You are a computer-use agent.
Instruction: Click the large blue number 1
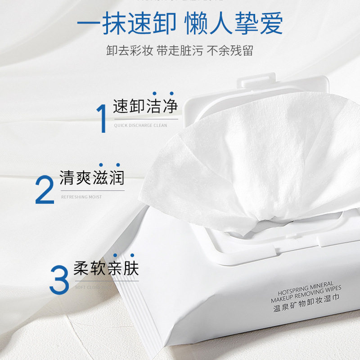point(102,118)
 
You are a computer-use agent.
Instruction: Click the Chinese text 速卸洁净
point(145,107)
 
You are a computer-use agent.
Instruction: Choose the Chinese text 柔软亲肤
point(106,268)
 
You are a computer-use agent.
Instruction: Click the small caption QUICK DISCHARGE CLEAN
point(140,126)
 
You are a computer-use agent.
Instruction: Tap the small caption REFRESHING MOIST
point(81,197)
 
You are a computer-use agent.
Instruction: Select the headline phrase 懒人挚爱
point(234,25)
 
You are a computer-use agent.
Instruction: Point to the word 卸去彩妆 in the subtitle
point(130,50)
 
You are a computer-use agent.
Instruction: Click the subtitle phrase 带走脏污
point(180,50)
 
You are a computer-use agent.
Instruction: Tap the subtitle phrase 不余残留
point(229,50)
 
